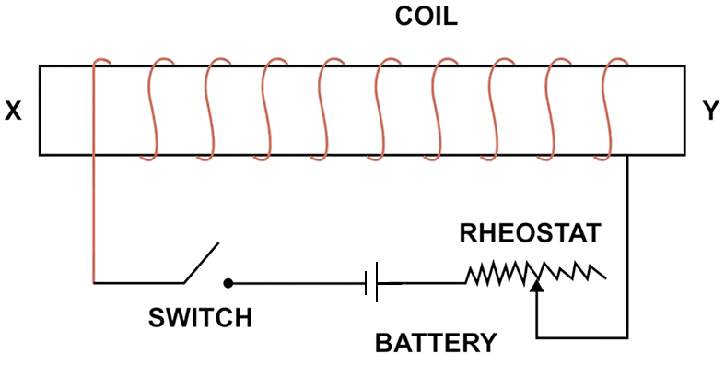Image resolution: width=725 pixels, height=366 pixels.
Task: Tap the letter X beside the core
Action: pyautogui.click(x=13, y=111)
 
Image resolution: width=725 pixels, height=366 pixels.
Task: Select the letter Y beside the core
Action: pyautogui.click(x=710, y=111)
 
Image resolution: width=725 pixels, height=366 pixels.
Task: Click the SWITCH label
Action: pyautogui.click(x=200, y=319)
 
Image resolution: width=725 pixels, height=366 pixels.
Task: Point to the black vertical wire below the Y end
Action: pyautogui.click(x=628, y=240)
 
